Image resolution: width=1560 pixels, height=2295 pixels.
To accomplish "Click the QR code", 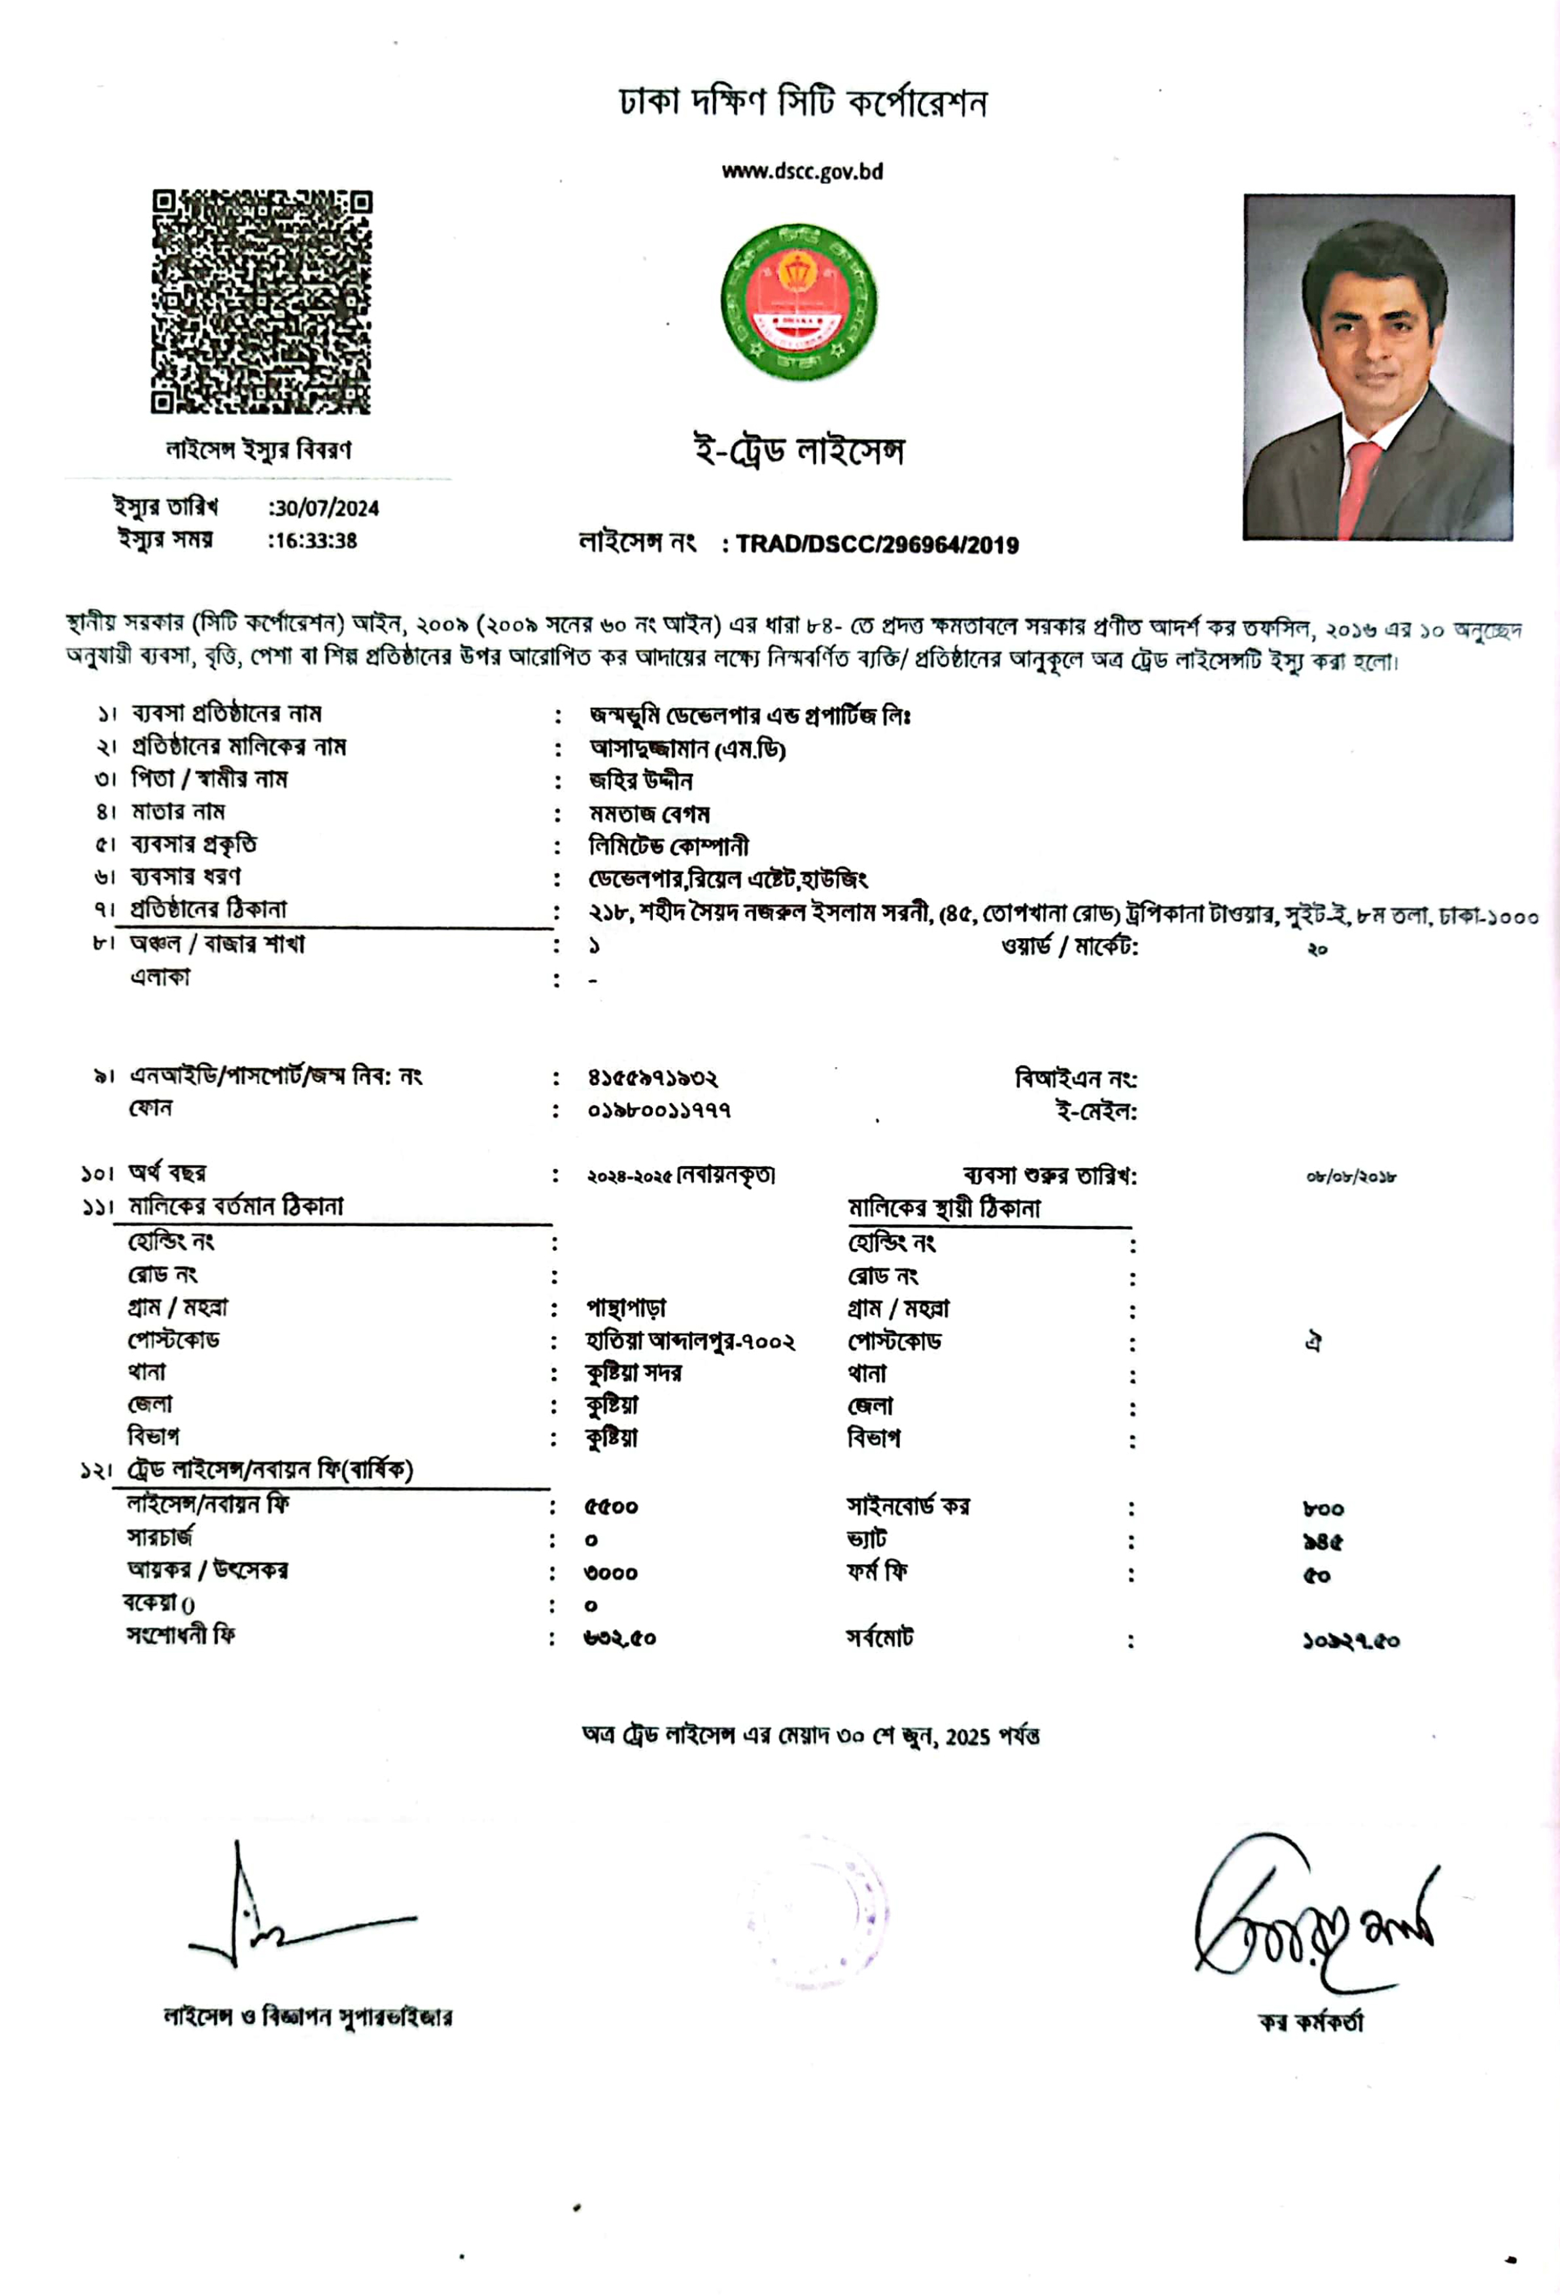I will point(262,302).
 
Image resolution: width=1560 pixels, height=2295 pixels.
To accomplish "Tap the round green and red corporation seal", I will point(798,302).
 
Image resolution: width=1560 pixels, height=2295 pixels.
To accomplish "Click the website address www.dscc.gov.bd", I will point(802,172).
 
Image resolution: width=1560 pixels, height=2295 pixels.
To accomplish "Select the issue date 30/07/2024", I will point(325,508).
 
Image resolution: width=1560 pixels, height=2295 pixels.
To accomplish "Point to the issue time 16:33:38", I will point(314,541).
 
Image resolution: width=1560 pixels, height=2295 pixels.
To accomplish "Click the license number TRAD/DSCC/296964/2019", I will point(876,545).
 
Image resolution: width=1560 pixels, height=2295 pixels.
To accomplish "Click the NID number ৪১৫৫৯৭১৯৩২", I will point(653,1078).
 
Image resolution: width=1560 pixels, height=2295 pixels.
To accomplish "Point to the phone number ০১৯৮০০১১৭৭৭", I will point(659,1111).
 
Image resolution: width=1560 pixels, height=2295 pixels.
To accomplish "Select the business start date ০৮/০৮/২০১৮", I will point(1349,1177).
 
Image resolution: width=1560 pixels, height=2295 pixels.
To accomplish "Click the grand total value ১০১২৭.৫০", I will point(1349,1641).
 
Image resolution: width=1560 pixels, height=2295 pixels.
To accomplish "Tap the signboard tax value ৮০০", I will point(1323,1509).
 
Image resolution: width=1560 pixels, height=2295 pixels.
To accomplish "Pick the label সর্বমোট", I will point(880,1638).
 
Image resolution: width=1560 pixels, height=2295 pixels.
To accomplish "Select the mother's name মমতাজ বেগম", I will point(650,814).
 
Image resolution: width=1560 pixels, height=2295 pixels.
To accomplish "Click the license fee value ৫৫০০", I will point(611,1507).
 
